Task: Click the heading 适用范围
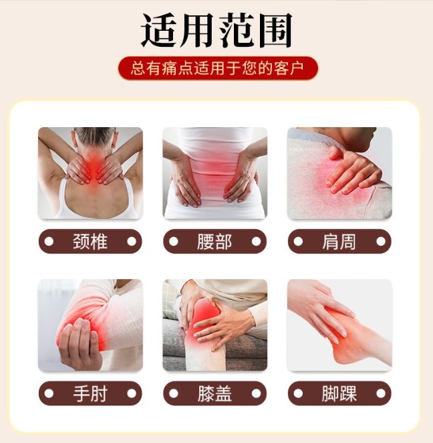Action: [216, 31]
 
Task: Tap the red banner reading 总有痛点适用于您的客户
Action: [218, 68]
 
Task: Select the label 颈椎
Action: [90, 242]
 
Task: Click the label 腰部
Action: [214, 242]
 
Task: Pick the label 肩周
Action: [339, 242]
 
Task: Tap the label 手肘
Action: [90, 393]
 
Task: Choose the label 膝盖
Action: [214, 393]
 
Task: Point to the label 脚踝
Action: [339, 393]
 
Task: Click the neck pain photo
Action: [90, 173]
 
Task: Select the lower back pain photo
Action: [214, 173]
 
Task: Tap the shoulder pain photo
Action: [339, 173]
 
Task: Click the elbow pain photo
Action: [90, 325]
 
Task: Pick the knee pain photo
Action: [214, 325]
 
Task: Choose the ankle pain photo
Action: [339, 325]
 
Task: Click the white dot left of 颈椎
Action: [49, 242]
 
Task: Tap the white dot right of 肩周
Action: [381, 242]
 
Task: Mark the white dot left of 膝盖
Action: [174, 393]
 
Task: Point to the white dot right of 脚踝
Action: [381, 393]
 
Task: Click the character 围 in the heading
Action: [275, 31]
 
